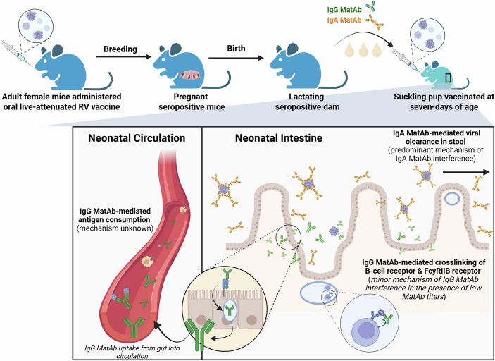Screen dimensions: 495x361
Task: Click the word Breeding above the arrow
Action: pos(120,49)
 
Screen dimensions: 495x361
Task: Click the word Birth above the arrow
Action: pos(235,49)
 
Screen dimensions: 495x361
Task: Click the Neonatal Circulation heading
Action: pos(137,138)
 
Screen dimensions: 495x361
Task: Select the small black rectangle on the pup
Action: pos(449,78)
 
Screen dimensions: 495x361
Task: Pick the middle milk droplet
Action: pos(363,50)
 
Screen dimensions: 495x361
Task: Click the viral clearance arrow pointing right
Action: pos(466,171)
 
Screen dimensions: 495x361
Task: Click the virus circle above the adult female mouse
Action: pos(35,25)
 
